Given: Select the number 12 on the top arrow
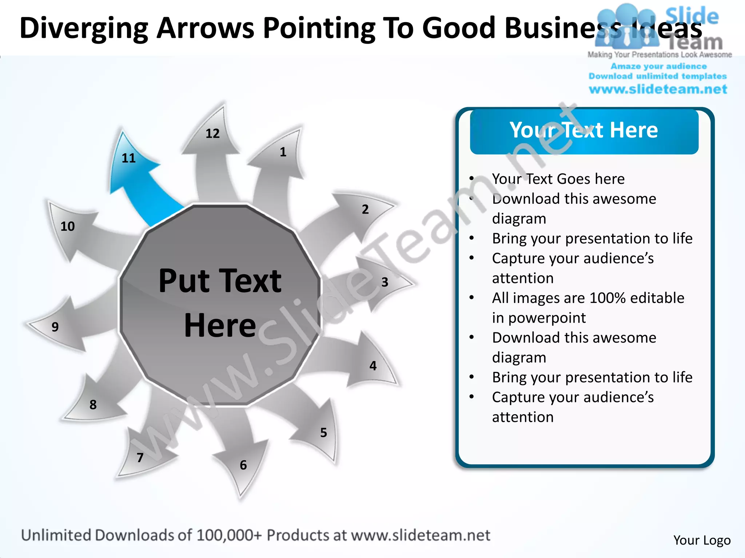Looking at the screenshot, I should coord(212,134).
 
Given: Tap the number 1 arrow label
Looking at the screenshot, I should coord(283,152).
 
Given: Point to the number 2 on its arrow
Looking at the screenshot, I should coord(365,209).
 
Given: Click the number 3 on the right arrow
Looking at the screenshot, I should coord(385,282).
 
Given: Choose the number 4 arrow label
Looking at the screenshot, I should coord(373,365).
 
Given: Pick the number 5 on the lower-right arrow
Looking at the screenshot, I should coord(323,432).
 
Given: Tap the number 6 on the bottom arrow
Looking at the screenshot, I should coord(243,465).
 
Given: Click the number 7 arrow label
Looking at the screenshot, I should coord(140,457).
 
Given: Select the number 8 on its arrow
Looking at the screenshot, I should coord(93,404).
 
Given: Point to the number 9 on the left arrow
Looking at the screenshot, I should coord(55,327).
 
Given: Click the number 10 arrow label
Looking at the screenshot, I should coord(68,226).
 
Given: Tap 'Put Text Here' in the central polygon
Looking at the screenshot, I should coord(220,302).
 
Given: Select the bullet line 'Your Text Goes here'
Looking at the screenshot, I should coord(558,179).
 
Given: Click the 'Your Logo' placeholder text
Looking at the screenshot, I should coord(702,540).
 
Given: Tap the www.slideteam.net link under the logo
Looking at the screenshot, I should coord(658,89).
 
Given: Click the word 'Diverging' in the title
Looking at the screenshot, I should coord(84,28).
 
